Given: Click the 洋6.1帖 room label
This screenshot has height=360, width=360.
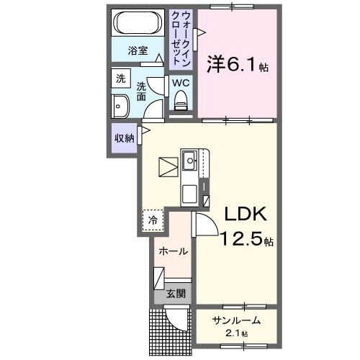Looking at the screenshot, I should (238, 65).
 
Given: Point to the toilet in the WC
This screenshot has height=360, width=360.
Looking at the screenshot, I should (180, 102).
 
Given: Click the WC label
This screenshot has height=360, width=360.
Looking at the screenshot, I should (180, 82).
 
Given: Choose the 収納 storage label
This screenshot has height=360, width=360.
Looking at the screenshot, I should (123, 138).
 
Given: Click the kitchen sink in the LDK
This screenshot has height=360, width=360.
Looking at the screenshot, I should (191, 160).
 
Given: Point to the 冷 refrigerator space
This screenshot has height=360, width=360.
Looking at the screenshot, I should (153, 221).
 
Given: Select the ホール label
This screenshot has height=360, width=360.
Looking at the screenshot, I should (174, 251).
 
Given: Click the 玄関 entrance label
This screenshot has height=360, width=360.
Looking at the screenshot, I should (176, 293).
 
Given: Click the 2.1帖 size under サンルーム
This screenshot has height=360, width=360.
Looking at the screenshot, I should (235, 334).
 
